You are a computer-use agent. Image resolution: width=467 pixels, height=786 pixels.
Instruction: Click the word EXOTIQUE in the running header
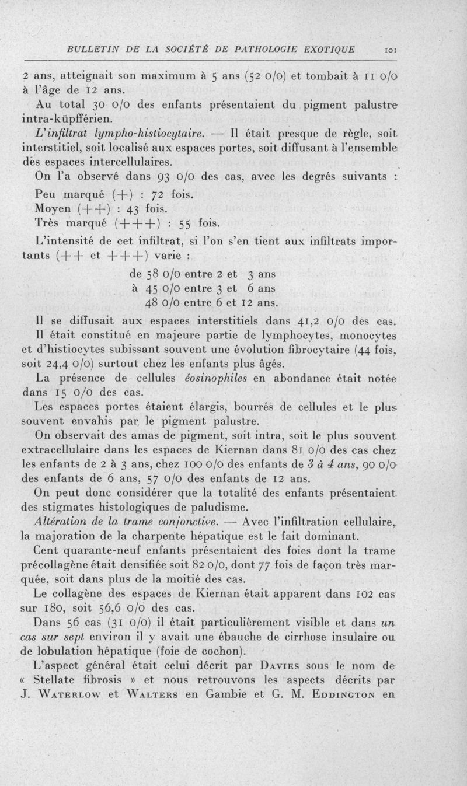[x=325, y=49]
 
